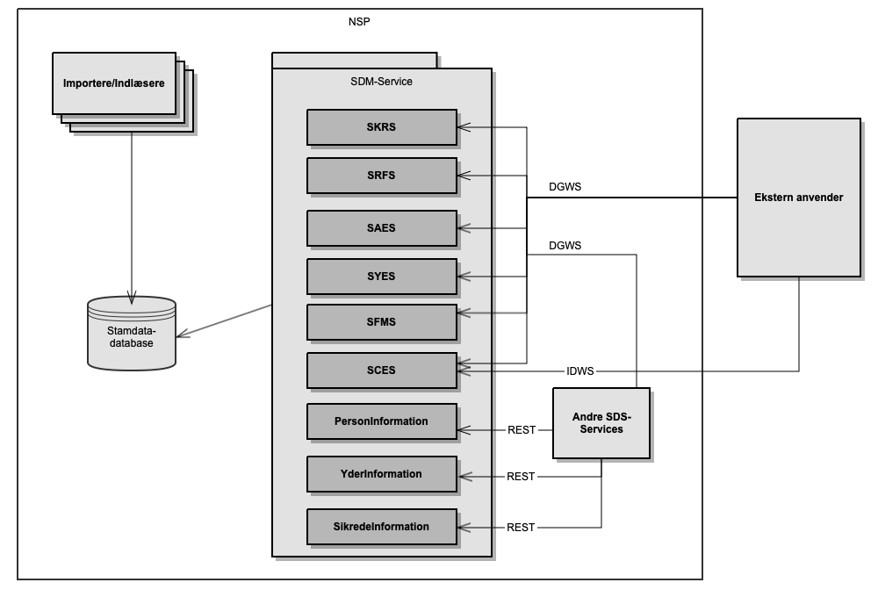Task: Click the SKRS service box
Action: click(382, 127)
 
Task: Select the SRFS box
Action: click(382, 176)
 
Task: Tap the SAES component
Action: click(382, 228)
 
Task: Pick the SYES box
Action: click(382, 277)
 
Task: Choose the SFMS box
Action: click(382, 322)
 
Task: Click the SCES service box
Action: click(382, 370)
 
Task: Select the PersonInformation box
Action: click(382, 421)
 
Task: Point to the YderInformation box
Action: click(382, 474)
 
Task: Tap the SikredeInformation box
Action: click(382, 527)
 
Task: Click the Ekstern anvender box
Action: click(798, 198)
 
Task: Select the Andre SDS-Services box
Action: click(601, 423)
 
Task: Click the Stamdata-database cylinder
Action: click(132, 333)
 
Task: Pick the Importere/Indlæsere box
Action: click(114, 83)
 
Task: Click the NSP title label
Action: click(359, 21)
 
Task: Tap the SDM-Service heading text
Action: click(381, 82)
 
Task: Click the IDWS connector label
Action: click(579, 371)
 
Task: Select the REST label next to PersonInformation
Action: click(522, 430)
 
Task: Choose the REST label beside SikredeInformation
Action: click(521, 528)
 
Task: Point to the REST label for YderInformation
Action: click(521, 477)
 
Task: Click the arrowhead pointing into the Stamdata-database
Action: click(182, 334)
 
